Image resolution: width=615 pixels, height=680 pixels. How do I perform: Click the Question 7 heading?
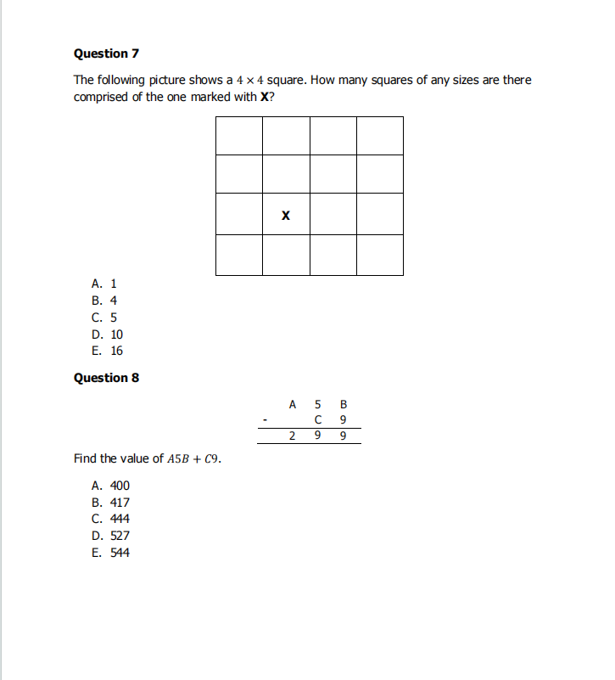[106, 53]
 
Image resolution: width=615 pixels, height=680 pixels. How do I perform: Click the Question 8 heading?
[106, 378]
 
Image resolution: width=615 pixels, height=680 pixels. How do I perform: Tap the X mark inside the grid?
[285, 216]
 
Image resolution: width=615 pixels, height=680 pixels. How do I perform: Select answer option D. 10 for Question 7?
[107, 334]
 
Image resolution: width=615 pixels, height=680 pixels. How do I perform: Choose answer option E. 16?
[107, 351]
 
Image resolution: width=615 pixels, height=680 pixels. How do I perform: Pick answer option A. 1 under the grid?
[103, 284]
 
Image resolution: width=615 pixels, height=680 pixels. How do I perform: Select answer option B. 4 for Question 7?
[103, 301]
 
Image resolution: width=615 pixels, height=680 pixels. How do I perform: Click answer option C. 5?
[103, 318]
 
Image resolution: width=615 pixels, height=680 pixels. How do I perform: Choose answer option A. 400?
[110, 486]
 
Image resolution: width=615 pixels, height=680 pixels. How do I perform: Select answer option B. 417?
[110, 503]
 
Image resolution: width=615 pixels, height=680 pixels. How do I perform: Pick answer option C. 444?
[110, 519]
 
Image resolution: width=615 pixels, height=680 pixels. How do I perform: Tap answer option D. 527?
[110, 536]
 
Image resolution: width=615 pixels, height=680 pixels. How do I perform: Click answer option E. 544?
[110, 553]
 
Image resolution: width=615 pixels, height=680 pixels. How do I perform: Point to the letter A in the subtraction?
[292, 404]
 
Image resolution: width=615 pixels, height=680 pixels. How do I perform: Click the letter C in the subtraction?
[317, 419]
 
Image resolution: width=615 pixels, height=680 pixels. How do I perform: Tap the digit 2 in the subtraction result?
[292, 436]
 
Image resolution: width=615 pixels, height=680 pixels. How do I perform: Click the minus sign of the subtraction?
[266, 419]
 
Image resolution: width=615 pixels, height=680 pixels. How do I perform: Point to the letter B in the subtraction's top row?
[343, 404]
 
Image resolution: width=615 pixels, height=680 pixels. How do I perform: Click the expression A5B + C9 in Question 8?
[194, 459]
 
